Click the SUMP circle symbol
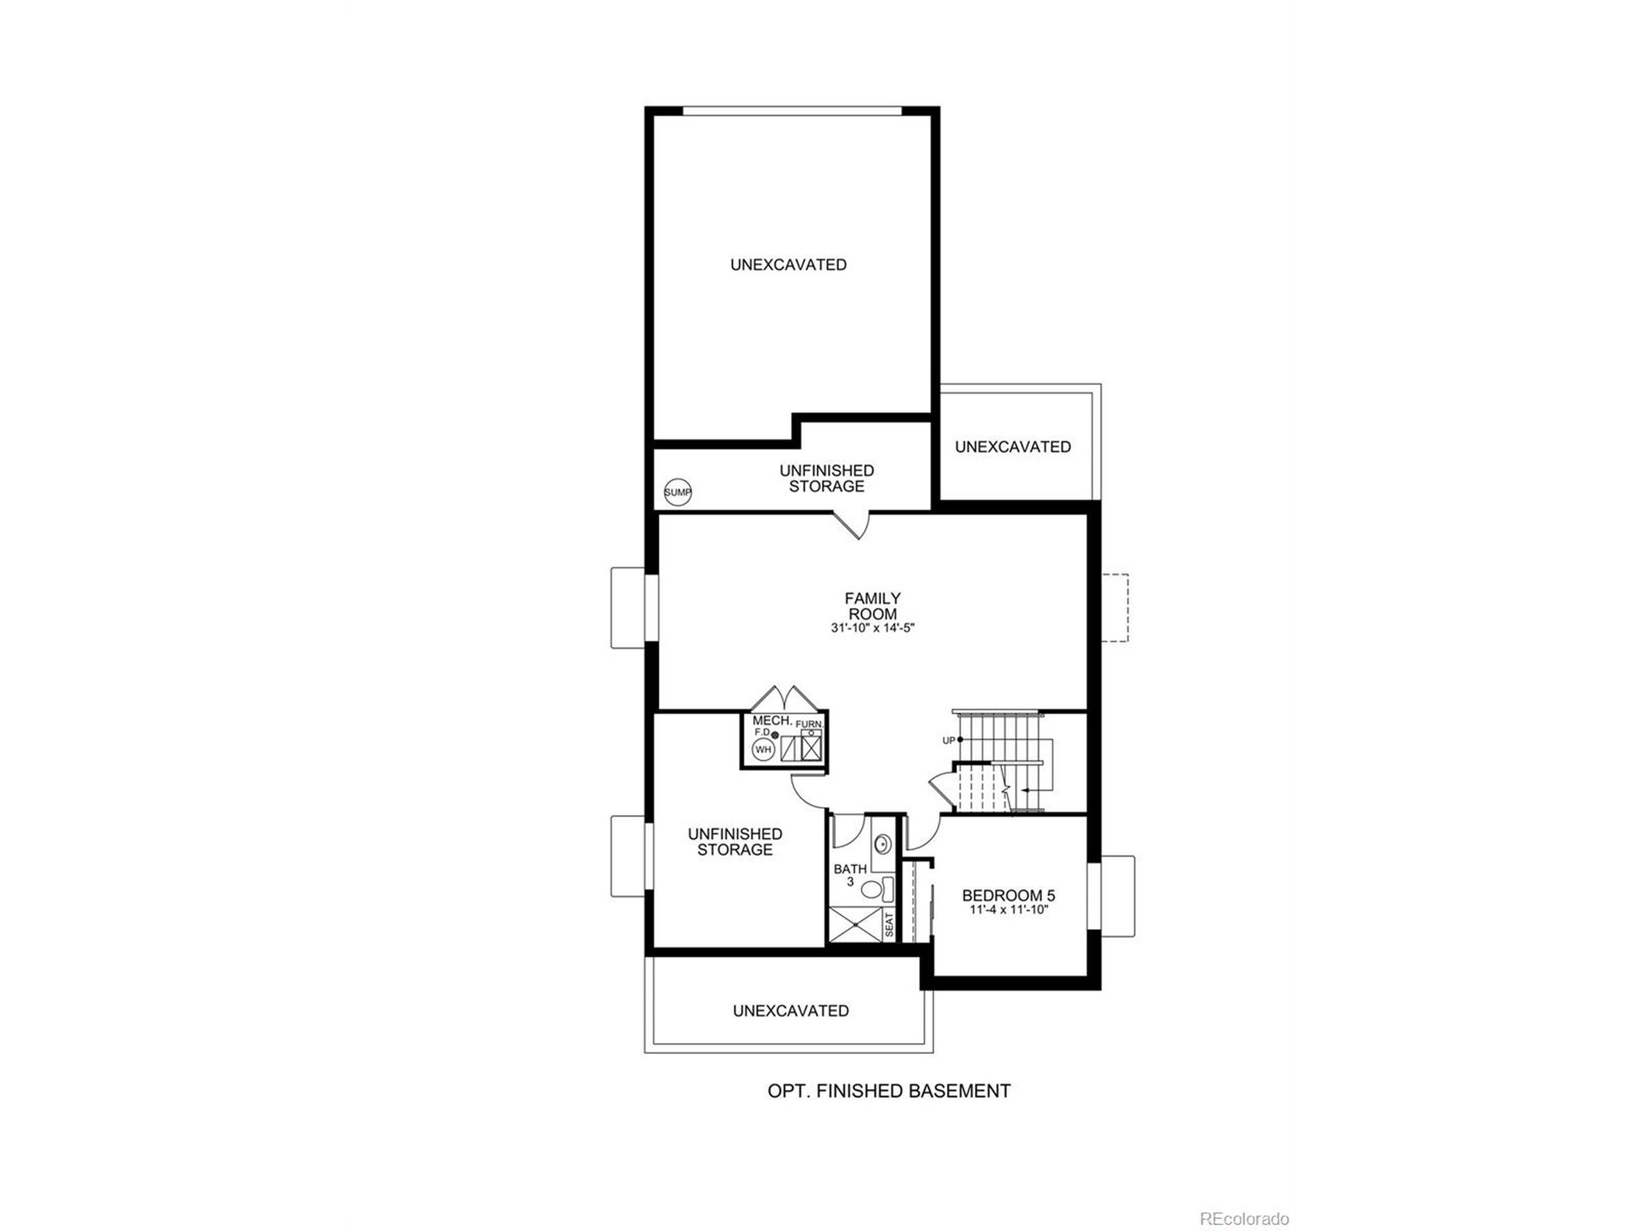click(x=677, y=492)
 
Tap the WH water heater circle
click(x=763, y=749)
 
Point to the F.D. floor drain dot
click(x=775, y=735)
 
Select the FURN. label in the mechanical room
click(x=808, y=723)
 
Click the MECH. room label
click(x=770, y=721)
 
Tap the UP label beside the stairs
click(x=948, y=740)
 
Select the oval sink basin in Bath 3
click(x=883, y=844)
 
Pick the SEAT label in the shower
click(x=889, y=925)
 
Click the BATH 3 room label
click(x=850, y=875)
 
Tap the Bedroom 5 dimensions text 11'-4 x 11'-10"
click(x=1008, y=910)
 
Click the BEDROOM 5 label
click(x=1008, y=896)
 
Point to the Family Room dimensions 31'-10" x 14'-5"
click(x=873, y=628)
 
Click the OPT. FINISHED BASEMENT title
click(x=888, y=1091)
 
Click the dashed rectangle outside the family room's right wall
click(x=1115, y=607)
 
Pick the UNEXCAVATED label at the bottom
click(x=791, y=1010)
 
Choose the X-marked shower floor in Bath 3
click(x=855, y=925)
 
